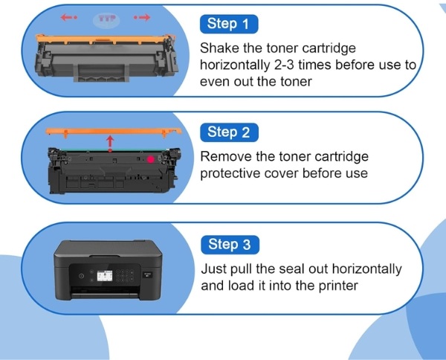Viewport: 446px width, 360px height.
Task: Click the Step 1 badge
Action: coord(229,25)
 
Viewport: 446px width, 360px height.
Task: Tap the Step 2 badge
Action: coord(229,132)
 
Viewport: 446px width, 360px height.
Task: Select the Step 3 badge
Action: coord(230,245)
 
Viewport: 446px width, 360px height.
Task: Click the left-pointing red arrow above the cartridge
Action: coord(68,17)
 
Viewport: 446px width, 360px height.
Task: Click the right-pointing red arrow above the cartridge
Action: coord(142,17)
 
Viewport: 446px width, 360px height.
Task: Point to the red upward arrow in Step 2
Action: coord(110,144)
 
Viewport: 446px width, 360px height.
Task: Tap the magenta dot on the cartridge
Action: coord(150,159)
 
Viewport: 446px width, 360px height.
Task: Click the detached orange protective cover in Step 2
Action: coord(114,132)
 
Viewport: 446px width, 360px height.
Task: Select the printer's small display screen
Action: coord(105,276)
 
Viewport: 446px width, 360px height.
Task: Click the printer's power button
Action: coord(81,276)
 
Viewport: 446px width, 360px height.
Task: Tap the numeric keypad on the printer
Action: coord(125,275)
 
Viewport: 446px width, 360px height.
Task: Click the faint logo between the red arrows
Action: coord(106,20)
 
